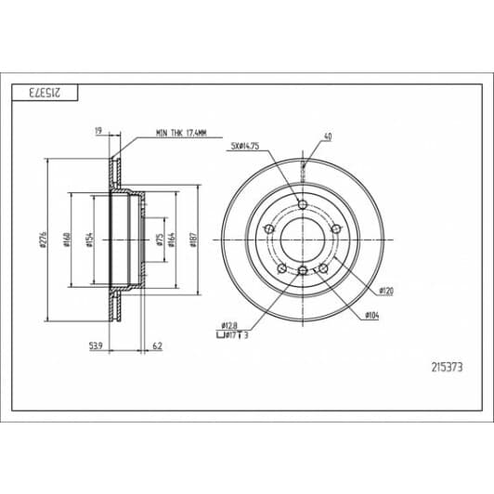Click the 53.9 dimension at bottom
(95, 345)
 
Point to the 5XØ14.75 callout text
(245, 147)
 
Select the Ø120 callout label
(386, 290)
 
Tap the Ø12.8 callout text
(230, 323)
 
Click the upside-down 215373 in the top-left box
(44, 92)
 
